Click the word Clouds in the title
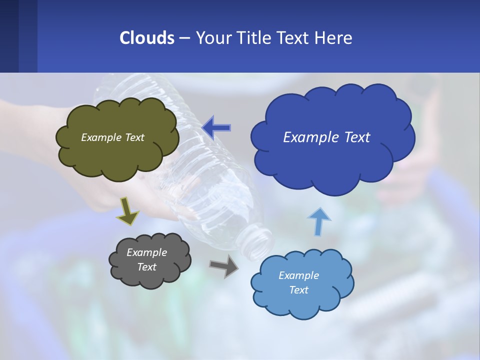click(147, 38)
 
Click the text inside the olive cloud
click(112, 137)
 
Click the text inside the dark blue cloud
click(326, 137)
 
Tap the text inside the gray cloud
click(146, 259)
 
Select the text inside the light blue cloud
click(298, 282)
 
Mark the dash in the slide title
click(184, 38)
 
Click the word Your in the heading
click(214, 38)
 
